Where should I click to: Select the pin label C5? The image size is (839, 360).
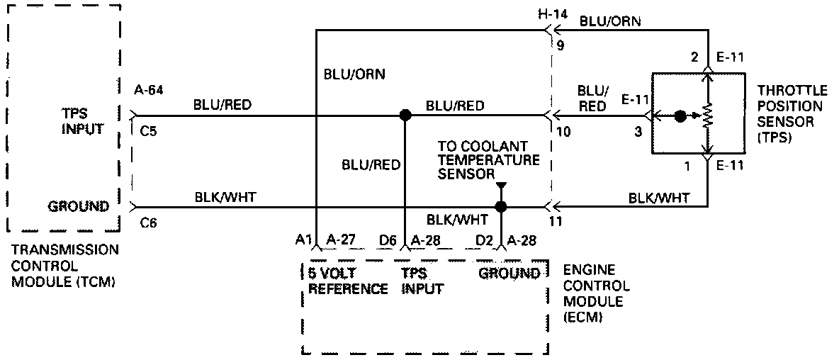(148, 130)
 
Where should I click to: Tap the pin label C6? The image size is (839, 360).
(148, 222)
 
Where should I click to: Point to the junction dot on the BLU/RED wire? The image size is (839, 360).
(405, 115)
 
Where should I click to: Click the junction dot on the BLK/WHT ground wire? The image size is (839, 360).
(501, 207)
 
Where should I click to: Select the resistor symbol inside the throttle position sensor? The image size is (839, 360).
(706, 115)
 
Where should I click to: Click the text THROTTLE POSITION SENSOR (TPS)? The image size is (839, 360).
(789, 113)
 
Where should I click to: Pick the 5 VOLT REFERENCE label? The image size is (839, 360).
(348, 281)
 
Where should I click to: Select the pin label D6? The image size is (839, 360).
(387, 241)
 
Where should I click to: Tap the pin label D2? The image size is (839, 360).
(485, 241)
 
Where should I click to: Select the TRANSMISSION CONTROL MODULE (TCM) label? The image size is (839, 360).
(65, 266)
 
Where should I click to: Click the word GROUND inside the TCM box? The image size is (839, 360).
(78, 207)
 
